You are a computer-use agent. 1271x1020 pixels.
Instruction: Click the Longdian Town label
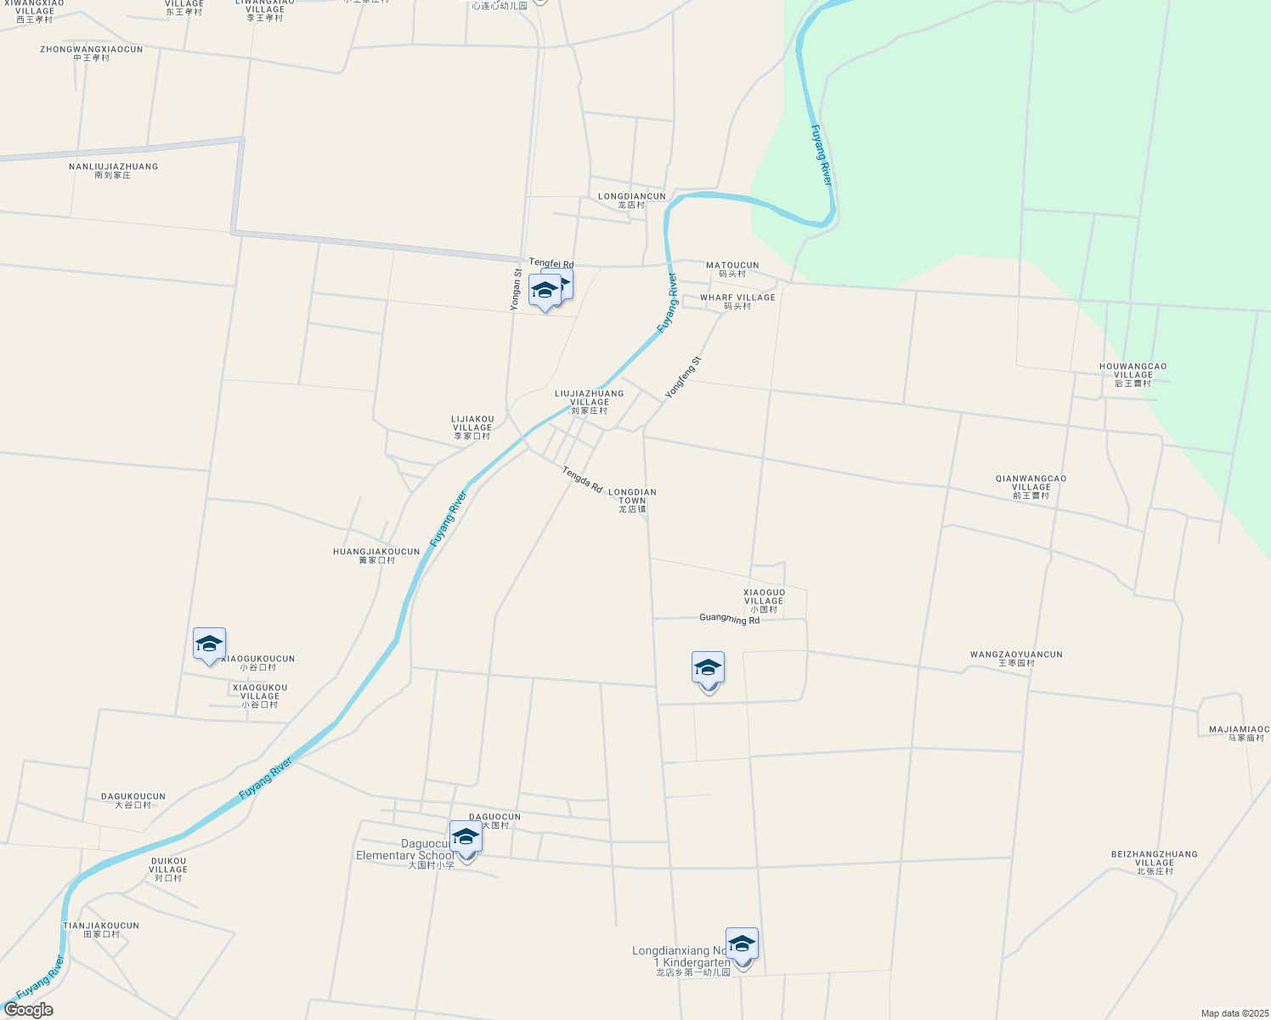click(632, 500)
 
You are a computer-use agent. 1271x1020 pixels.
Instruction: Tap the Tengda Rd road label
click(582, 479)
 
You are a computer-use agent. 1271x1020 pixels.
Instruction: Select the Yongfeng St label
click(683, 377)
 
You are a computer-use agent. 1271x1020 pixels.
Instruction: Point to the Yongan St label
click(516, 290)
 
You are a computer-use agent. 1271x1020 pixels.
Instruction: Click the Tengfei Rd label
click(551, 264)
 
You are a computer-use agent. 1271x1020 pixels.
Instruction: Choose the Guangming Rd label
click(729, 619)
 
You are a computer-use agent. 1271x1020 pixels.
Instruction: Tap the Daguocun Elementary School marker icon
click(466, 837)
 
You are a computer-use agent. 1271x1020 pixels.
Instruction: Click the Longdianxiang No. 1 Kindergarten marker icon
click(742, 944)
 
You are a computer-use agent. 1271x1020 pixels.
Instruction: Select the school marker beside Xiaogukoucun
click(209, 643)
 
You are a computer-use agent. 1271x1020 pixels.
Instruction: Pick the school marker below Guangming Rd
click(708, 668)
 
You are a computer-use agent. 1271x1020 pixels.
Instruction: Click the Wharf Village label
click(737, 302)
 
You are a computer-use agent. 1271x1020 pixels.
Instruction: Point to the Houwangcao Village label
click(1133, 374)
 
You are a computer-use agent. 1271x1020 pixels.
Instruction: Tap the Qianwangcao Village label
click(1031, 486)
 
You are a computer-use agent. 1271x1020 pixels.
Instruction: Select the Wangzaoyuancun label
click(1016, 658)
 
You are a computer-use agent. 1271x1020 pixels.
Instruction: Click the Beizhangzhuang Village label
click(1155, 862)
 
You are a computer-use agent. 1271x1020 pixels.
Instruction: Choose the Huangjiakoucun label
click(376, 555)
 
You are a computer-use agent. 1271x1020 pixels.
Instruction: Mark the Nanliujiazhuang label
click(113, 170)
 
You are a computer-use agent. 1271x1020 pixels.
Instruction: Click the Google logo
click(28, 1010)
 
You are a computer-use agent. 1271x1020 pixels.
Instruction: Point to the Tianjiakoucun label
click(101, 929)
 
